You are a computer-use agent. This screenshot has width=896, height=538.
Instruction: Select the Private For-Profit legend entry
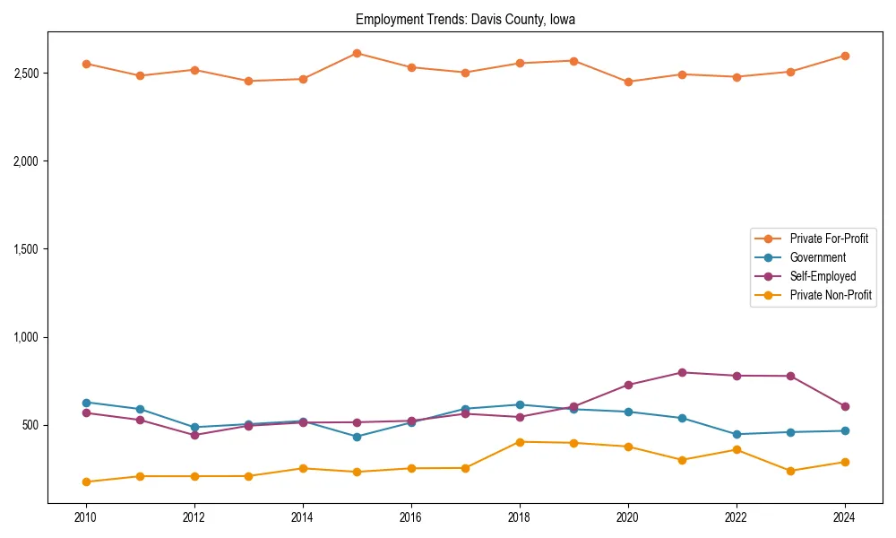pos(829,239)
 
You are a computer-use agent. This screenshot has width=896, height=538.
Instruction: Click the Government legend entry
pos(817,257)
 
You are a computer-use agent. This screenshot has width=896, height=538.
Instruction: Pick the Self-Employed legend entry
pos(823,276)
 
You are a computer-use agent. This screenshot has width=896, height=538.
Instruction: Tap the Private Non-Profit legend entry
pos(831,295)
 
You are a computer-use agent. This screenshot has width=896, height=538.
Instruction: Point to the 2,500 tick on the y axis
pos(24,73)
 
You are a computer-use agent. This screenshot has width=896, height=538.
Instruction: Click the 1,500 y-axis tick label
pos(24,249)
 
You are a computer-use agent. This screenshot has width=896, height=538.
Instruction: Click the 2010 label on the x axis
pos(86,517)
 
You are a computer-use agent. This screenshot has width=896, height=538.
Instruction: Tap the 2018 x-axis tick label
pos(520,517)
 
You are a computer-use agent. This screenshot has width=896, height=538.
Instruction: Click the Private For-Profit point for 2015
pos(357,53)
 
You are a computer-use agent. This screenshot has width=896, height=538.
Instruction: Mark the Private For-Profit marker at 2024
pos(845,56)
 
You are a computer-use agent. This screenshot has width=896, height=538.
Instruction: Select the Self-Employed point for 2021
pos(682,372)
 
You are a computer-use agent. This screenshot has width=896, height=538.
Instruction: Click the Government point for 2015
pos(357,437)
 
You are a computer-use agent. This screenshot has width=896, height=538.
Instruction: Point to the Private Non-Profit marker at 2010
pos(86,482)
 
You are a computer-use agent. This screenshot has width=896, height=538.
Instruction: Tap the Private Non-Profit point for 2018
pos(520,441)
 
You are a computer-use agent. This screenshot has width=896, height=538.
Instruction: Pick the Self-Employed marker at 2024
pos(845,406)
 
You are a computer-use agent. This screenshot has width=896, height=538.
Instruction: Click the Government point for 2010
pos(86,403)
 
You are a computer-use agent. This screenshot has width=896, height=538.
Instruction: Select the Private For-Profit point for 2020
pos(628,82)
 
